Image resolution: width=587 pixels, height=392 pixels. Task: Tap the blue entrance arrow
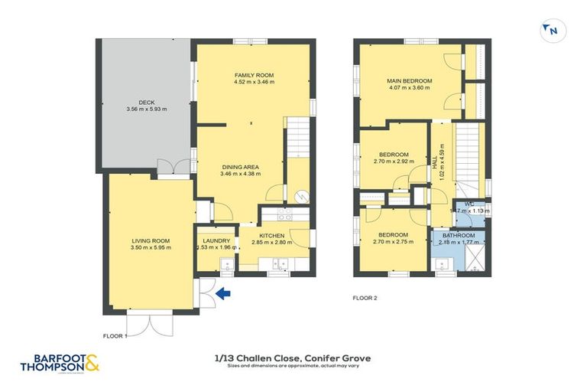pos(222,292)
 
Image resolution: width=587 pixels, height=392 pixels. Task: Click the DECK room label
pos(147,102)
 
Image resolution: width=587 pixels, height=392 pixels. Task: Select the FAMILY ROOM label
pos(254,74)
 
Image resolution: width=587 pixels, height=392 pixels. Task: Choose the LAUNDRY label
pos(216,240)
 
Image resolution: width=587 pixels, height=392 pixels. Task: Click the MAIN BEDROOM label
pos(409,80)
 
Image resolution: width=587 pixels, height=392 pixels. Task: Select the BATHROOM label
pos(460,235)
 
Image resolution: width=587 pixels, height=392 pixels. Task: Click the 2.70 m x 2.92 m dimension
pos(394,161)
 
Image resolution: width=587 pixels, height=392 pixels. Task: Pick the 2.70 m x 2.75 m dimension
pos(394,242)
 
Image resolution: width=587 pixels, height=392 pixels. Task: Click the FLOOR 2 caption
pos(365,298)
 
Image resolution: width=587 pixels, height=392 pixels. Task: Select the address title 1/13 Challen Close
pos(293,358)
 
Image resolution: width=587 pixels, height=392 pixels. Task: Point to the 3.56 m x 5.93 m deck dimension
pos(147,109)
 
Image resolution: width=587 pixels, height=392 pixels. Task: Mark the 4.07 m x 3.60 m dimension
pos(409,88)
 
